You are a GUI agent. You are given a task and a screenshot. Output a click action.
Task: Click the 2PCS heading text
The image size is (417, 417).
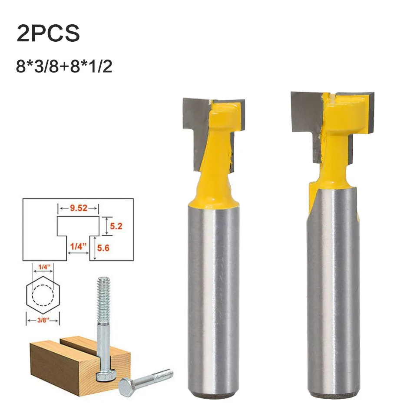48,33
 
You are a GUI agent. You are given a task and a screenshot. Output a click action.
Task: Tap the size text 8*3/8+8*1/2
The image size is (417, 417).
64,66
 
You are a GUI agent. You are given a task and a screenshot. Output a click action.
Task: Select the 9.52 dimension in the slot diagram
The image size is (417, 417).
79,208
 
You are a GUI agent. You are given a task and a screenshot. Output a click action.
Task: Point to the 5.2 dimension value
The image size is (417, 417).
116,226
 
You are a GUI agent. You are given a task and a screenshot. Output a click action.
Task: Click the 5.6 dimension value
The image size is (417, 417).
103,248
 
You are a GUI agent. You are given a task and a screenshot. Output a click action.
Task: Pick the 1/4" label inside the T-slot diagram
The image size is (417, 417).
78,247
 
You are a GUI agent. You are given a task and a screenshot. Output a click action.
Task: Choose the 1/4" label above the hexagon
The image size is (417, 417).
44,267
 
